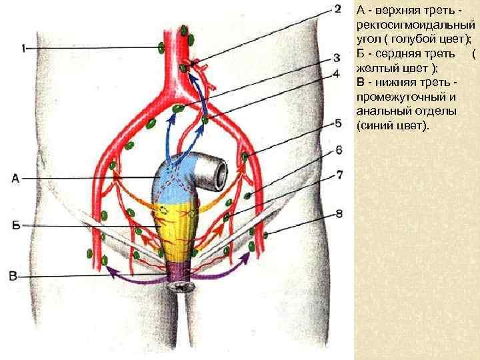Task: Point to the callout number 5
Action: pyautogui.click(x=338, y=123)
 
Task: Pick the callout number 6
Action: pyautogui.click(x=339, y=149)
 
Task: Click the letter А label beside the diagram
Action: pyautogui.click(x=15, y=177)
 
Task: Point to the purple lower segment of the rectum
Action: pyautogui.click(x=177, y=270)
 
